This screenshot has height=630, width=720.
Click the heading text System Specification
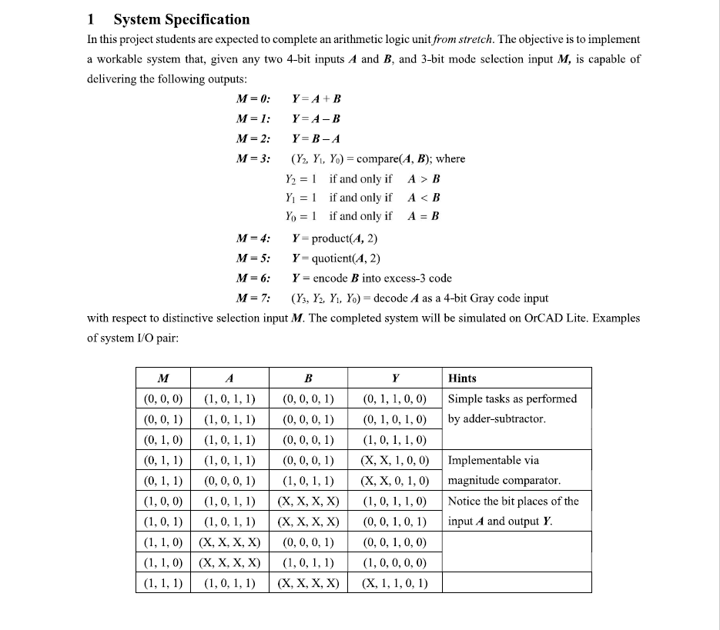(181, 19)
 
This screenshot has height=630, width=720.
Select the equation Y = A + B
(316, 98)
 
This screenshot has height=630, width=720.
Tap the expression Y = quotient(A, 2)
(336, 258)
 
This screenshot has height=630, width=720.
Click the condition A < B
(423, 198)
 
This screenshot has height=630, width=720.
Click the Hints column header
(462, 378)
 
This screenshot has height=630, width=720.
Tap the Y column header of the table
(394, 378)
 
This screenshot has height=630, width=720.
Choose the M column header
(163, 378)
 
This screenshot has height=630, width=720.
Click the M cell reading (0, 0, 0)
(163, 398)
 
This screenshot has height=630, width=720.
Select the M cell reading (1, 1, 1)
(163, 582)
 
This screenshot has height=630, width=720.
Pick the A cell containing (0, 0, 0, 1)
(229, 481)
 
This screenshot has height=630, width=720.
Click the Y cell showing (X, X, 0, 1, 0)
(394, 481)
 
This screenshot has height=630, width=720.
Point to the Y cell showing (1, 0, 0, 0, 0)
(394, 562)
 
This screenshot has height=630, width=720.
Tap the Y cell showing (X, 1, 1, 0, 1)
(394, 582)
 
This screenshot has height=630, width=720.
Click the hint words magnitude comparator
(504, 481)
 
